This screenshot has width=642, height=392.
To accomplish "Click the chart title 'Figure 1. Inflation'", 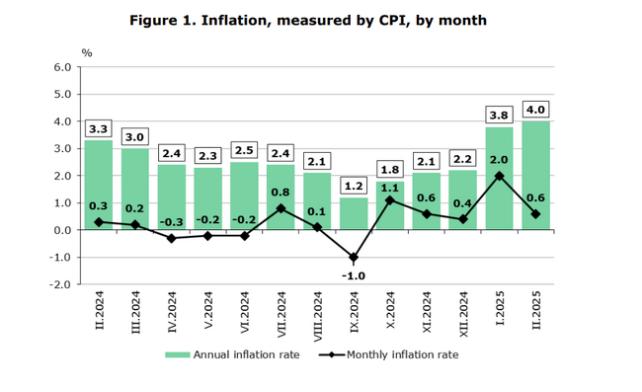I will click(308, 20).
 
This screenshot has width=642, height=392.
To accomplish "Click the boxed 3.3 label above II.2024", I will click(98, 128).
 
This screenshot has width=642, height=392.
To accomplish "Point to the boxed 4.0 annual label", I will click(535, 110).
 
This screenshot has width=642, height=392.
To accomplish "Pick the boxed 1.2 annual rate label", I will click(353, 186).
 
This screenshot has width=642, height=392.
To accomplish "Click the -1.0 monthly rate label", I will click(353, 275).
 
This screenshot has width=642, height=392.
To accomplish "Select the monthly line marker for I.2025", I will click(499, 176).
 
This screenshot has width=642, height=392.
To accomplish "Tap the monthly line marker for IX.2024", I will click(353, 257).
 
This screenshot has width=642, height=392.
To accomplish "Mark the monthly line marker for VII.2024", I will click(280, 208).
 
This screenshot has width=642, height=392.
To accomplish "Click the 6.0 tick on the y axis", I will click(62, 68).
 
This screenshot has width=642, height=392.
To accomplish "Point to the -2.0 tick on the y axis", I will click(60, 284).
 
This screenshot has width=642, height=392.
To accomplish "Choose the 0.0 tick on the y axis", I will click(62, 230).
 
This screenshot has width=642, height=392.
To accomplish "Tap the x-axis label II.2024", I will click(98, 313).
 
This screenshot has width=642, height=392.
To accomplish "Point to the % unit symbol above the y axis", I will click(87, 52).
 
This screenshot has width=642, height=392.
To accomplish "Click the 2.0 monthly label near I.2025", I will click(499, 160).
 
